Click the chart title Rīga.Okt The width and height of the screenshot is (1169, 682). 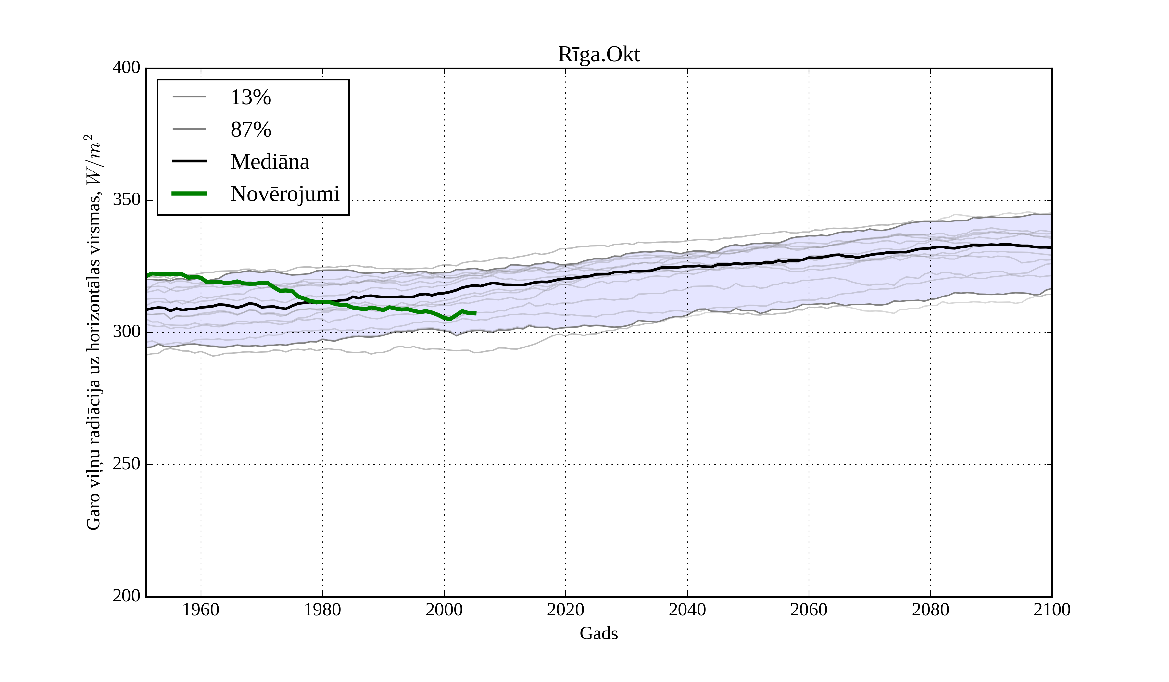pos(598,55)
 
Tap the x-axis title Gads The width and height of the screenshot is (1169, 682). pos(598,633)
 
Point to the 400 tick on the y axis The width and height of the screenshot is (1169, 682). pos(126,68)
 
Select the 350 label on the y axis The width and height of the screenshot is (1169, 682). pos(126,200)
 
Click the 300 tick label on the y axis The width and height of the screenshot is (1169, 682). pos(126,332)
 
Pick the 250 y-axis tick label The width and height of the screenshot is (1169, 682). pos(126,464)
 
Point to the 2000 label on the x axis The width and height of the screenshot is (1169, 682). pos(444,610)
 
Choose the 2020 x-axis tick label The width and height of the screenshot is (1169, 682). pos(565,610)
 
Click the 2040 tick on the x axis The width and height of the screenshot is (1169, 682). pos(687,610)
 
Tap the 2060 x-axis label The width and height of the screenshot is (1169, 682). pos(809,610)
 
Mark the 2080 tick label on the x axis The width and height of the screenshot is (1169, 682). pos(930,610)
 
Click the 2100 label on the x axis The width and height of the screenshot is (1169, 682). pos(1052,610)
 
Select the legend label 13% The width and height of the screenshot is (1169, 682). pos(250,97)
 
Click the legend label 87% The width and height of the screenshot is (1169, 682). pos(250,130)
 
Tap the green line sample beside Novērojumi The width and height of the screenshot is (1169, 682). pos(189,194)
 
